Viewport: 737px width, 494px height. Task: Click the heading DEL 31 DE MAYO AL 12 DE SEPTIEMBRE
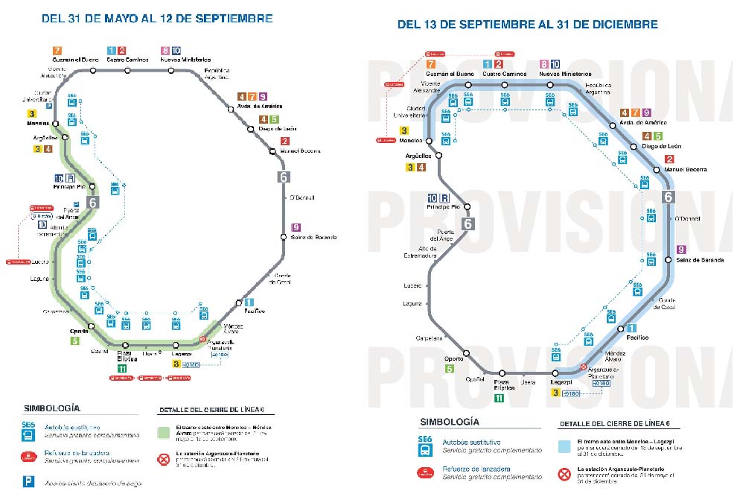(167, 17)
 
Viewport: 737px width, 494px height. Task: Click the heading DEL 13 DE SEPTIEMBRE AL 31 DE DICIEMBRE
(528, 24)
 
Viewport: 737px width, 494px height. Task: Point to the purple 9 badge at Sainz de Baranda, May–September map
(296, 227)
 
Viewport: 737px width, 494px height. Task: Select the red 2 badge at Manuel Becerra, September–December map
(669, 159)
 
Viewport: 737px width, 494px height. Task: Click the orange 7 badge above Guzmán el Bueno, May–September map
(57, 50)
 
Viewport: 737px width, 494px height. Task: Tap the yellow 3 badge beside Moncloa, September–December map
(412, 130)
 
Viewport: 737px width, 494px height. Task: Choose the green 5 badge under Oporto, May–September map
(75, 341)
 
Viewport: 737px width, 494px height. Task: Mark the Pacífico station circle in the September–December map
(619, 329)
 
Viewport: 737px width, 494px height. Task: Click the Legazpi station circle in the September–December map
(555, 373)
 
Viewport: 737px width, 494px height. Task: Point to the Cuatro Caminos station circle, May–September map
(128, 71)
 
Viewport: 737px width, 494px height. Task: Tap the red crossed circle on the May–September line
(202, 340)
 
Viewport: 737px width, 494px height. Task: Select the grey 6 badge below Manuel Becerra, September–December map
(668, 197)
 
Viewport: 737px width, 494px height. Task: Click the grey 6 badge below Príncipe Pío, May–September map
(93, 203)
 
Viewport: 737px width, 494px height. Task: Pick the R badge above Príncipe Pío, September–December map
(444, 197)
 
